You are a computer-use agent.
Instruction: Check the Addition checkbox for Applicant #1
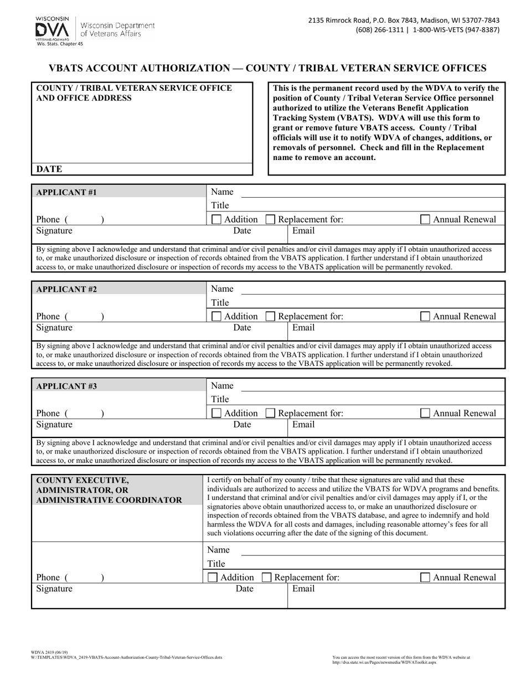click(x=217, y=219)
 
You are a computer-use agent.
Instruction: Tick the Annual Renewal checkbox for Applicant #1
click(x=425, y=219)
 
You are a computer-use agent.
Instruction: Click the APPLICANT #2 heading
click(x=66, y=289)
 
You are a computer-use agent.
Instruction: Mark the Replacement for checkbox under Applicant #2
click(x=270, y=317)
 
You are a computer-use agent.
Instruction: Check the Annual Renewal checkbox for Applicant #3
click(x=425, y=413)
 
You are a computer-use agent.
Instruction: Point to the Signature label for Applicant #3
click(x=54, y=425)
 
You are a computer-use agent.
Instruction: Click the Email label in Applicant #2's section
click(x=303, y=328)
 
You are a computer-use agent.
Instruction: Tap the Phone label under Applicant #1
click(x=48, y=219)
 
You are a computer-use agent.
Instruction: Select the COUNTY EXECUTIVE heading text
click(x=82, y=480)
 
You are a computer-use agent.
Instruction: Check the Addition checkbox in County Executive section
click(x=213, y=577)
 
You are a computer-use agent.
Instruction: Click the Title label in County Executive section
click(x=216, y=564)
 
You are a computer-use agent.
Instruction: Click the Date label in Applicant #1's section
click(x=242, y=231)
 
